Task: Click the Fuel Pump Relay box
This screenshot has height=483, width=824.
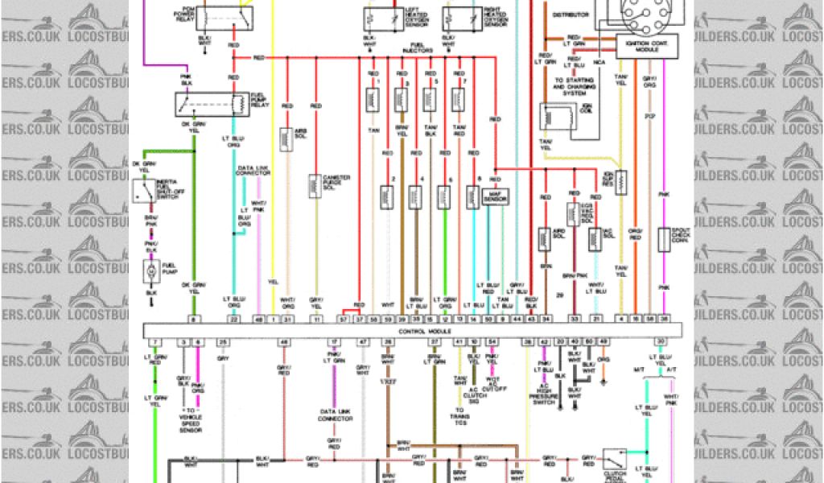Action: [210, 104]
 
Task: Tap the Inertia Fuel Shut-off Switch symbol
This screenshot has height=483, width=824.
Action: [146, 192]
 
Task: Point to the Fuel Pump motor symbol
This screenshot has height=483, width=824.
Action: [151, 274]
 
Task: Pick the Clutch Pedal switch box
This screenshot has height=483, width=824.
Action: [614, 460]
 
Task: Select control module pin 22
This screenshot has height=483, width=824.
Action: [233, 320]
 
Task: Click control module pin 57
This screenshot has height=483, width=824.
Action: [344, 320]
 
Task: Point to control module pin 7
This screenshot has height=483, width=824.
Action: [154, 342]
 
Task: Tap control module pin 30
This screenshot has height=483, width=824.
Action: [660, 342]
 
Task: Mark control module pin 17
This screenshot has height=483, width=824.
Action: [332, 342]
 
